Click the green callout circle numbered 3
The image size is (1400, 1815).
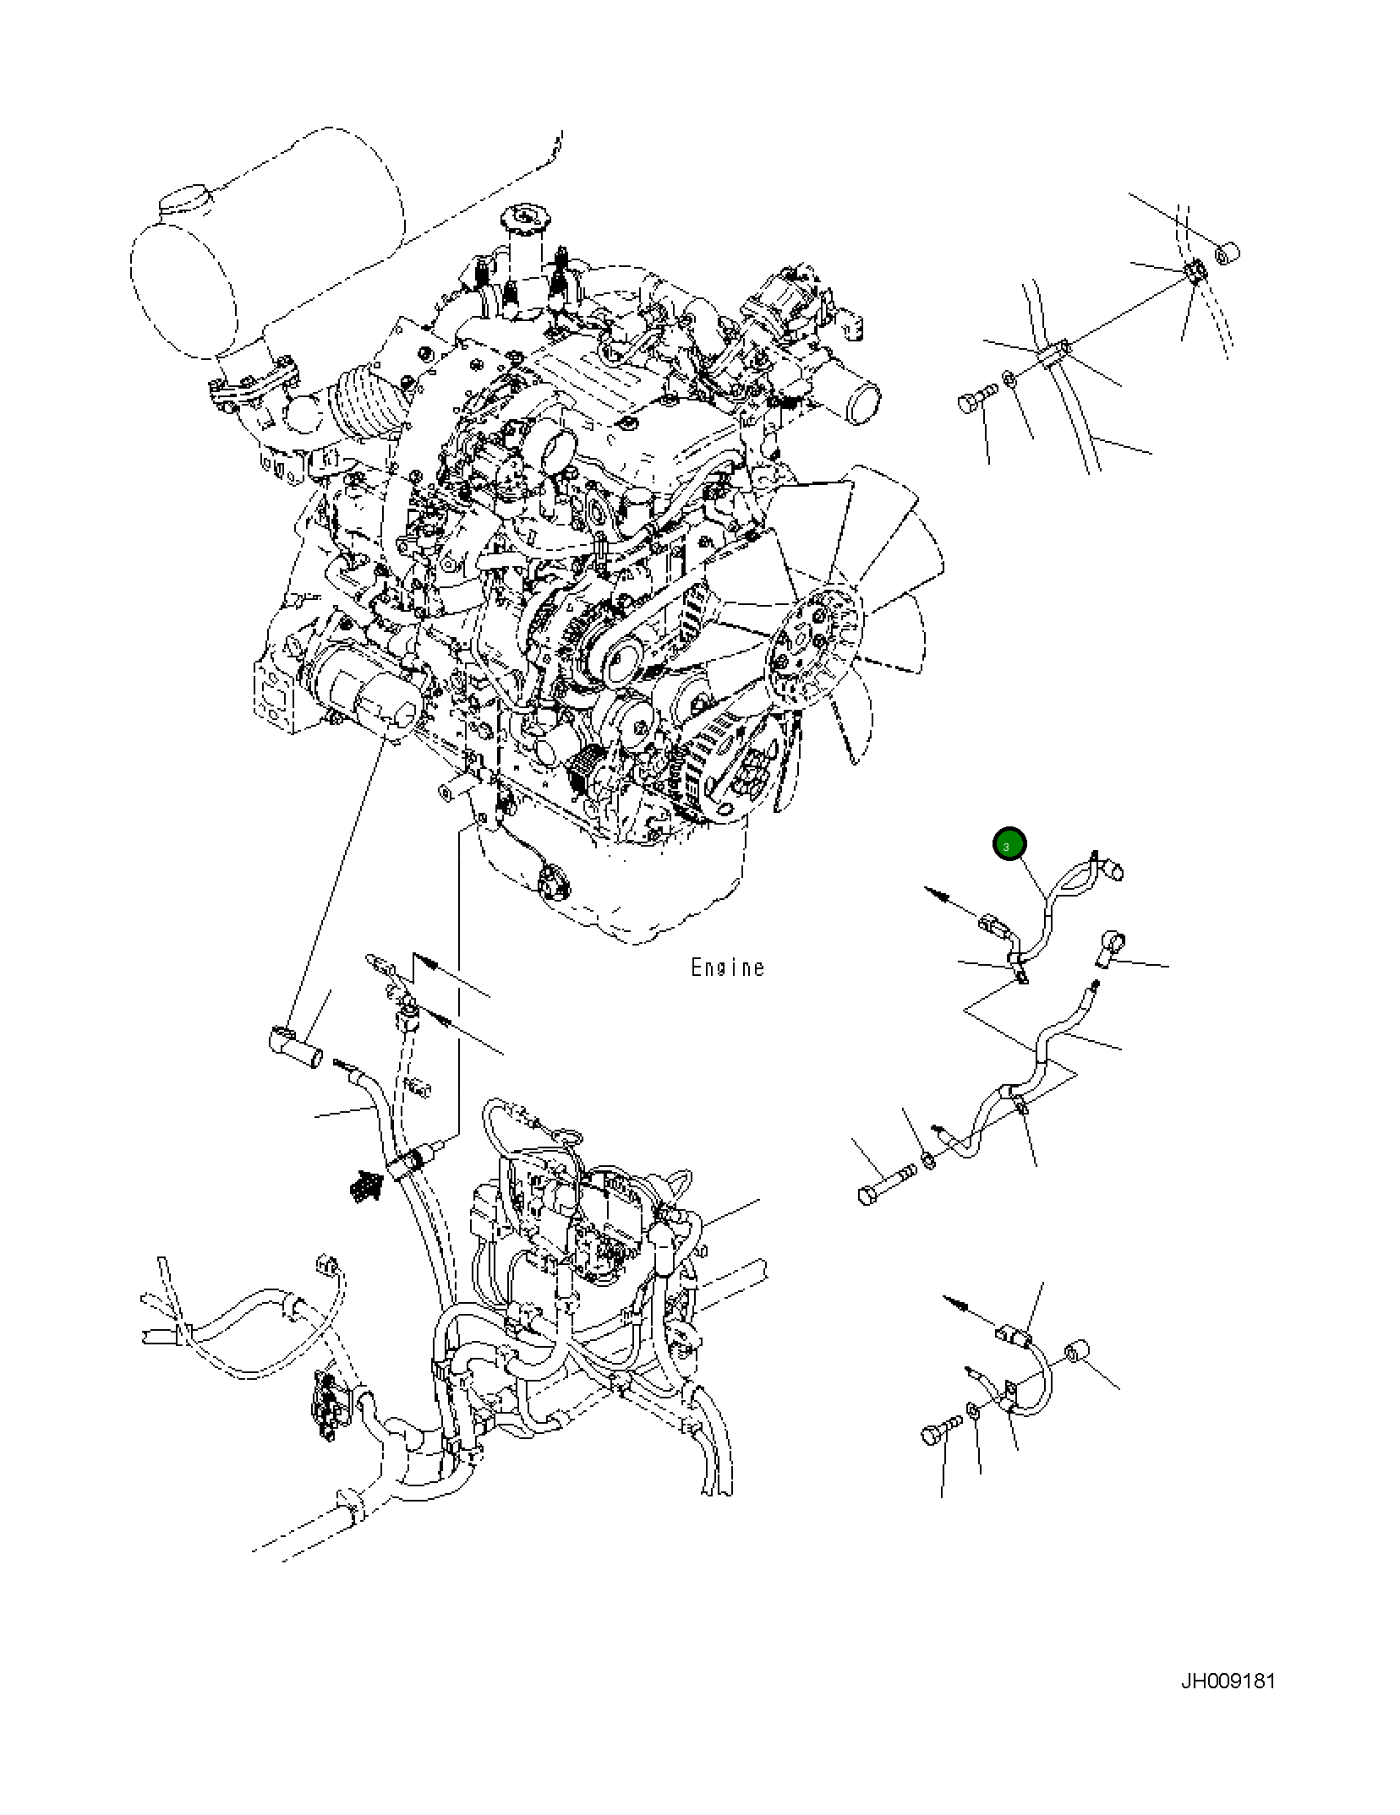pyautogui.click(x=1009, y=844)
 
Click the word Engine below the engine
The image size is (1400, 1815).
pyautogui.click(x=727, y=967)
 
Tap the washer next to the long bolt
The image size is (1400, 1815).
pyautogui.click(x=928, y=1161)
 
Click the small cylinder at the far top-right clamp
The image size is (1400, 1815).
pyautogui.click(x=1226, y=251)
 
